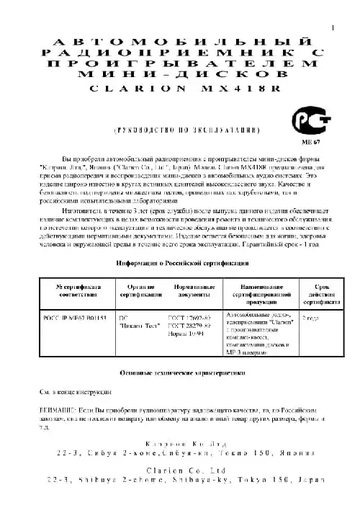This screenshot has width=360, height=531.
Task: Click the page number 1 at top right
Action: [333, 27]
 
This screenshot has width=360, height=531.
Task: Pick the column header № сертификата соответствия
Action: [73, 291]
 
